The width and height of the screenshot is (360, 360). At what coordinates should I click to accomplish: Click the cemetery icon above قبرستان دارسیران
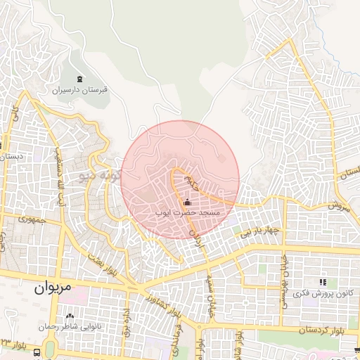tap(79, 79)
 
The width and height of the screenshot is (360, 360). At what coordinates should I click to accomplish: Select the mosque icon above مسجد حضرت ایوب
tap(186, 202)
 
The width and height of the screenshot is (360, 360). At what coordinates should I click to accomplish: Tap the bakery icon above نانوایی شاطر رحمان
tap(70, 314)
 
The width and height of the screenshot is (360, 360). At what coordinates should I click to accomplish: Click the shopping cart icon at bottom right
tap(357, 351)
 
